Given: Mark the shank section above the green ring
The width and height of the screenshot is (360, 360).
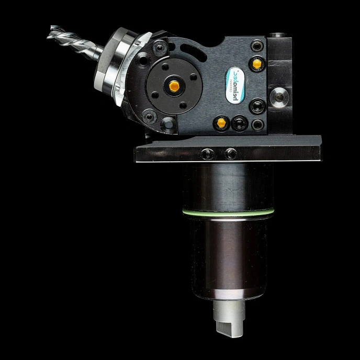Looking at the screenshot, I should pos(227,186).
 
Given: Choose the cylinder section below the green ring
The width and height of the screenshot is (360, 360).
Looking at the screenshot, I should pos(227,251).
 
